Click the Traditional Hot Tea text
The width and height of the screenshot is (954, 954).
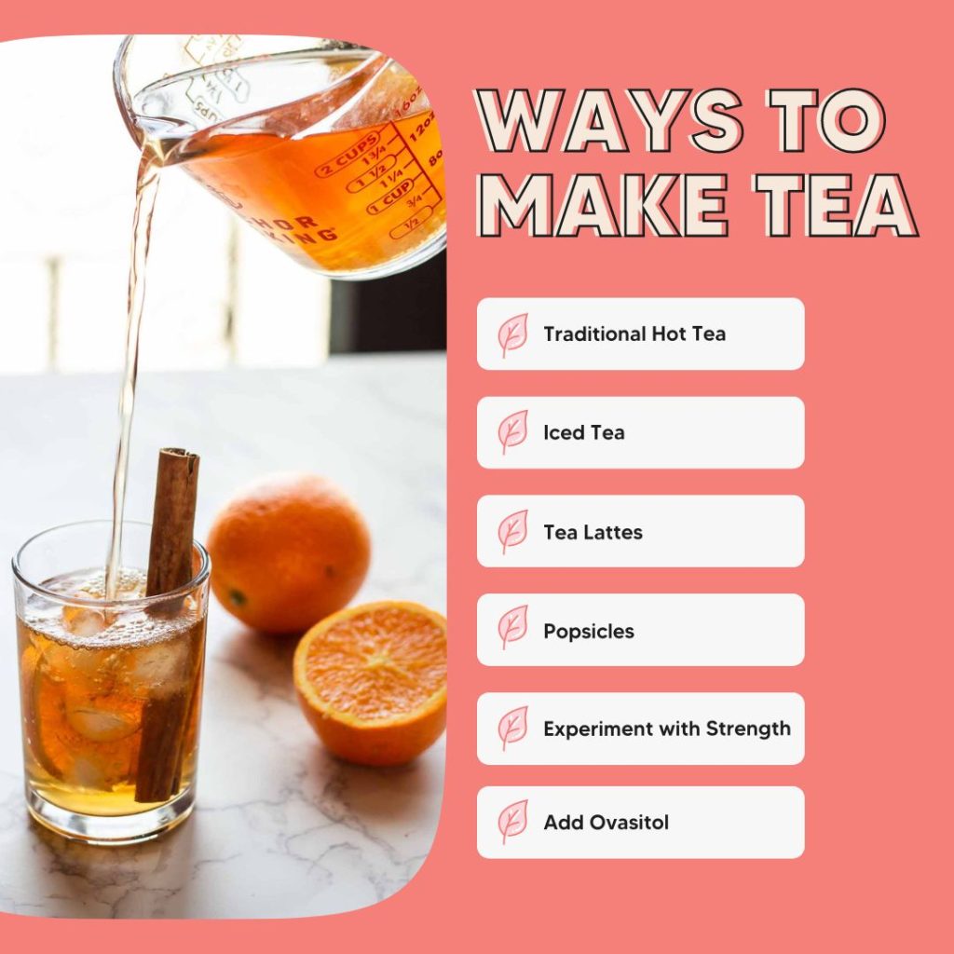pyautogui.click(x=634, y=334)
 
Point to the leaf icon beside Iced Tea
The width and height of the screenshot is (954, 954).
pyautogui.click(x=511, y=432)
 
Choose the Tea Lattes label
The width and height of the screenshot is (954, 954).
pyautogui.click(x=593, y=532)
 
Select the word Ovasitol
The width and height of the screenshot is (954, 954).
pyautogui.click(x=630, y=823)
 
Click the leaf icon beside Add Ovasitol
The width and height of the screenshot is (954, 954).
pyautogui.click(x=511, y=822)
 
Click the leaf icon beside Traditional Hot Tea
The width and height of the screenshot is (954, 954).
pyautogui.click(x=511, y=334)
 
